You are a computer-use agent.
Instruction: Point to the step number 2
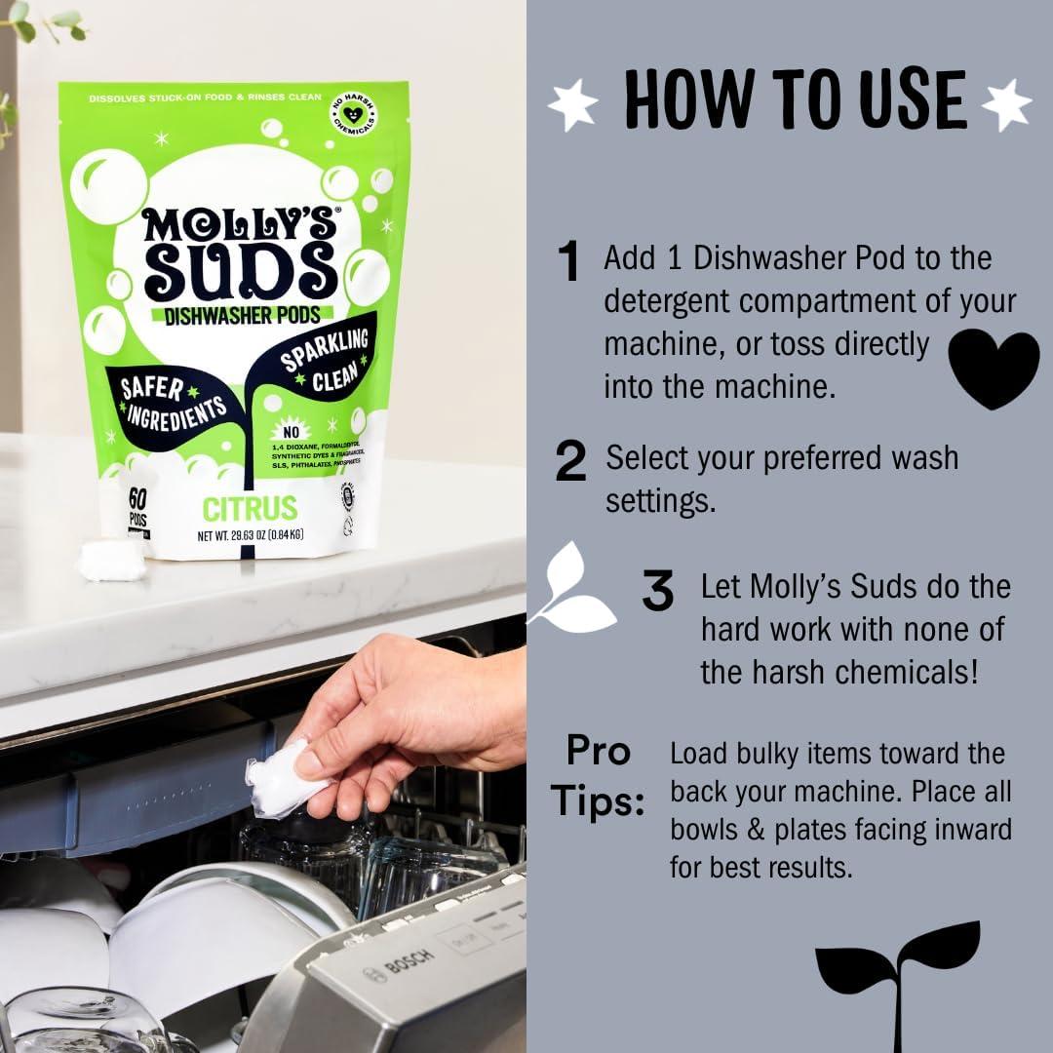point(570,462)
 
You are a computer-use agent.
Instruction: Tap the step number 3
point(658,591)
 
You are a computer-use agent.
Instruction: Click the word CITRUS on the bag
point(250,508)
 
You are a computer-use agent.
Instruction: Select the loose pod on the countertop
point(111,561)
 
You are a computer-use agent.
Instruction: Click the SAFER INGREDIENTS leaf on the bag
point(172,402)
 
